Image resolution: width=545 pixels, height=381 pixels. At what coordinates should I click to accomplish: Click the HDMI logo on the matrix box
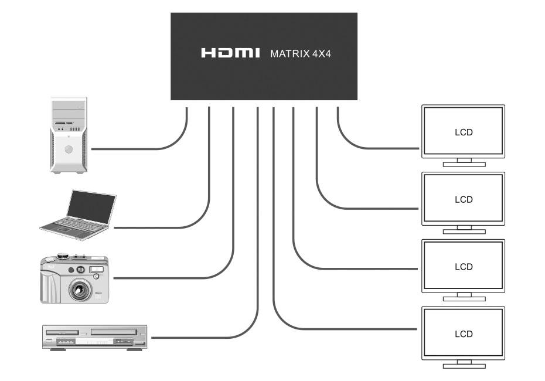coord(230,53)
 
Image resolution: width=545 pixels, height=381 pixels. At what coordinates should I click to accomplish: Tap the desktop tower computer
coord(69,135)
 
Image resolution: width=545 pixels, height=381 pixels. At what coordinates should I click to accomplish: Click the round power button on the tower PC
coord(69,149)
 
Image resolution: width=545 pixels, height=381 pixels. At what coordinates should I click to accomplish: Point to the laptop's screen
coord(91,207)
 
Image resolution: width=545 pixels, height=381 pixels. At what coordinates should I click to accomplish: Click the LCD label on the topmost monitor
coord(463,132)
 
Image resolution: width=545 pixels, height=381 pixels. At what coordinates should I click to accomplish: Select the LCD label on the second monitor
coord(463,199)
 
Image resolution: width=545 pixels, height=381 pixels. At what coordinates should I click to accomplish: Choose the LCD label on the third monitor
coord(463,267)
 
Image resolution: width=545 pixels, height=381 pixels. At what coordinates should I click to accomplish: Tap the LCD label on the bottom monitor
coord(463,334)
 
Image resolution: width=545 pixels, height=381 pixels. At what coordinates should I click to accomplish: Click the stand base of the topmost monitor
coord(464,165)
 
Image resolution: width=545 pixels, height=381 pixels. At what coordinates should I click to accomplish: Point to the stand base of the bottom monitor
coord(464,366)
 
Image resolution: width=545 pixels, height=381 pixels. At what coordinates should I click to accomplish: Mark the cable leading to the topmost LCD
coord(381,147)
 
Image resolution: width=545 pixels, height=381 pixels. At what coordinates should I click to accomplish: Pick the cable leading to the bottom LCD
coord(352,328)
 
